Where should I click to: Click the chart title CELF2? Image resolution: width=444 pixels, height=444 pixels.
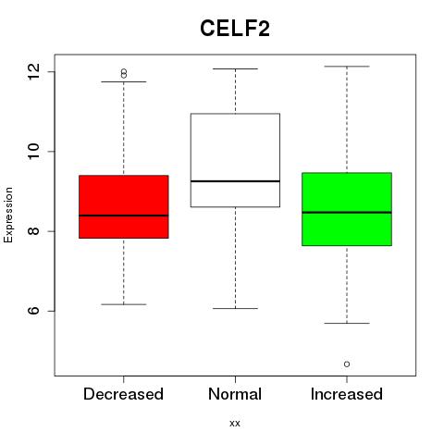click(x=235, y=29)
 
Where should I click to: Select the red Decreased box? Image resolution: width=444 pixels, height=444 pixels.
click(x=124, y=206)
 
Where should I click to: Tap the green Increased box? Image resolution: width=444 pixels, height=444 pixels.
click(x=347, y=209)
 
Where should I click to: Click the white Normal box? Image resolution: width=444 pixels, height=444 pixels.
click(x=235, y=160)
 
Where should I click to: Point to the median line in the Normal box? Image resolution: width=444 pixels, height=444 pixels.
click(x=235, y=181)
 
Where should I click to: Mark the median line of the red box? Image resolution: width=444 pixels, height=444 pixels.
click(x=124, y=216)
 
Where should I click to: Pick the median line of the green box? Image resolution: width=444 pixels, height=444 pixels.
click(x=347, y=213)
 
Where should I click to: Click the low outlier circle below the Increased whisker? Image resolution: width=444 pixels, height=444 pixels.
click(x=347, y=364)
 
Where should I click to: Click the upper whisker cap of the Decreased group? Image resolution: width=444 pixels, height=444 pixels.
click(x=124, y=81)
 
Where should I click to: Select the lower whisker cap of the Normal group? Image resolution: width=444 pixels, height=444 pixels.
click(x=235, y=308)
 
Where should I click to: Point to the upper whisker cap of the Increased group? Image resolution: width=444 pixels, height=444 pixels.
click(x=347, y=67)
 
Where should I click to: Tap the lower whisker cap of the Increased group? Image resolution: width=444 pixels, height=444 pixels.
click(x=347, y=323)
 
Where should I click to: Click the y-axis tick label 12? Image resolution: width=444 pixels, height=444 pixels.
click(x=34, y=71)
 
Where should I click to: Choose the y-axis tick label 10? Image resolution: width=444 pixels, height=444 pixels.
click(x=34, y=151)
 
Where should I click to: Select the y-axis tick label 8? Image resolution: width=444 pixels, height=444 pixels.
click(x=34, y=231)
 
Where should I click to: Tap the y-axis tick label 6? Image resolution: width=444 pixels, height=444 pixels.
click(x=34, y=311)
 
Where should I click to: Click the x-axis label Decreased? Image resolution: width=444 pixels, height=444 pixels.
click(x=123, y=394)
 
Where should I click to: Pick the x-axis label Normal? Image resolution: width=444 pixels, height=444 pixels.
click(x=235, y=394)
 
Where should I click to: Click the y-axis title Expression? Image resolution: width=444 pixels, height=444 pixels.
click(x=8, y=215)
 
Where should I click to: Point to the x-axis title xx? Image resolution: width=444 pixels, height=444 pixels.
click(x=235, y=424)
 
